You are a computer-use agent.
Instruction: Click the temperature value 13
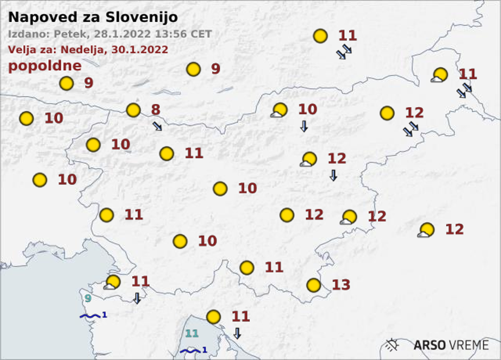point(341,285)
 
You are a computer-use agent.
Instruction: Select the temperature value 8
point(155,110)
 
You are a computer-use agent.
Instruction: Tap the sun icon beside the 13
point(314,285)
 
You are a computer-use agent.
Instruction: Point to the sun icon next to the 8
point(133,110)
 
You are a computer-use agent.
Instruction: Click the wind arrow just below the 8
point(157,126)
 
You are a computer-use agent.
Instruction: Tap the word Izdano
point(28,34)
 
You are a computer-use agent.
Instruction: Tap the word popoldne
point(45,66)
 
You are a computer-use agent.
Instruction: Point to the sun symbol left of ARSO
point(393,345)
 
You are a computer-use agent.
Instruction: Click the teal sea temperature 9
point(87,299)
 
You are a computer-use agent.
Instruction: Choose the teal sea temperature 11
point(192,334)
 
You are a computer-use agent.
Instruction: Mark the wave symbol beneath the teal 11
point(190,350)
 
